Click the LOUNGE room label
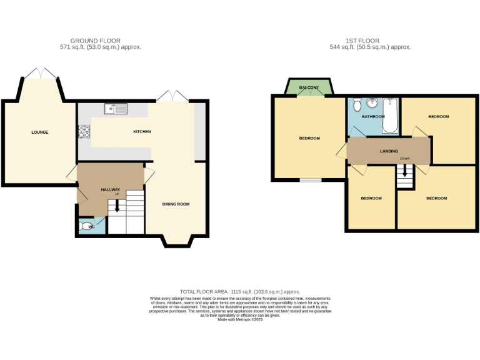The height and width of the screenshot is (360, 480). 40,132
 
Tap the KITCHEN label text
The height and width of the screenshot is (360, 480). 142,131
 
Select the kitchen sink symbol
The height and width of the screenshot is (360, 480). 116,109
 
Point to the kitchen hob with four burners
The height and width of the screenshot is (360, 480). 84,131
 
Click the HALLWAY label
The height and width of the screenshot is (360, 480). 111,189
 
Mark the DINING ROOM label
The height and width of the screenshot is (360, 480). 176,204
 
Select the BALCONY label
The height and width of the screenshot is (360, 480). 309,87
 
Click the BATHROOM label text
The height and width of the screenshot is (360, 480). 373,116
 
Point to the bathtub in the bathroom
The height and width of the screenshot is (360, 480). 389,116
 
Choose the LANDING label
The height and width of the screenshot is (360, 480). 389,151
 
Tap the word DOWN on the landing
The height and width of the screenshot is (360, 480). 405,159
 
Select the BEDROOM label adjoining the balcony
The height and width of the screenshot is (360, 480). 309,138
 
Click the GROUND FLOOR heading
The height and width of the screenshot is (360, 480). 96,41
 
